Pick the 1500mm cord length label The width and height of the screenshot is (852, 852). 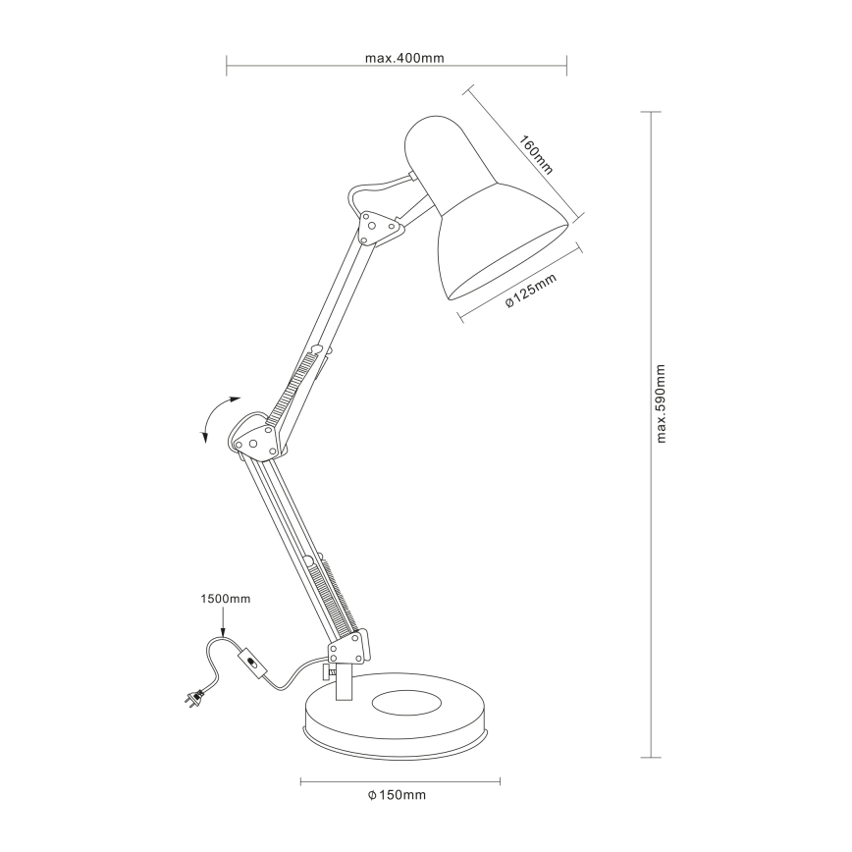coord(225,597)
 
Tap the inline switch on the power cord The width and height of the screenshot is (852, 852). coord(253,665)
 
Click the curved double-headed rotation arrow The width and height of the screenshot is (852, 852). coord(216,420)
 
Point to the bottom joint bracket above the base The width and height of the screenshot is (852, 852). coord(348,647)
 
